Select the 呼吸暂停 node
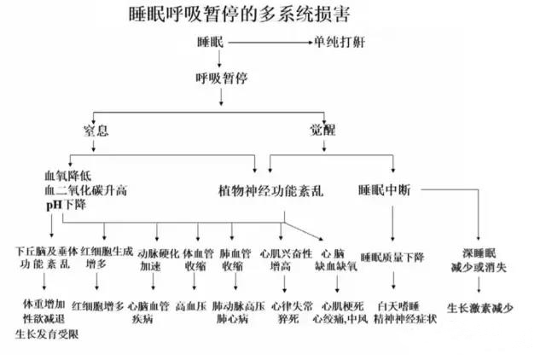click(x=222, y=79)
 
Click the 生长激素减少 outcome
click(x=479, y=305)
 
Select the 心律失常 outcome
click(x=290, y=305)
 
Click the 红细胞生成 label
click(x=105, y=253)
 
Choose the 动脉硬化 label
click(x=159, y=253)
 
